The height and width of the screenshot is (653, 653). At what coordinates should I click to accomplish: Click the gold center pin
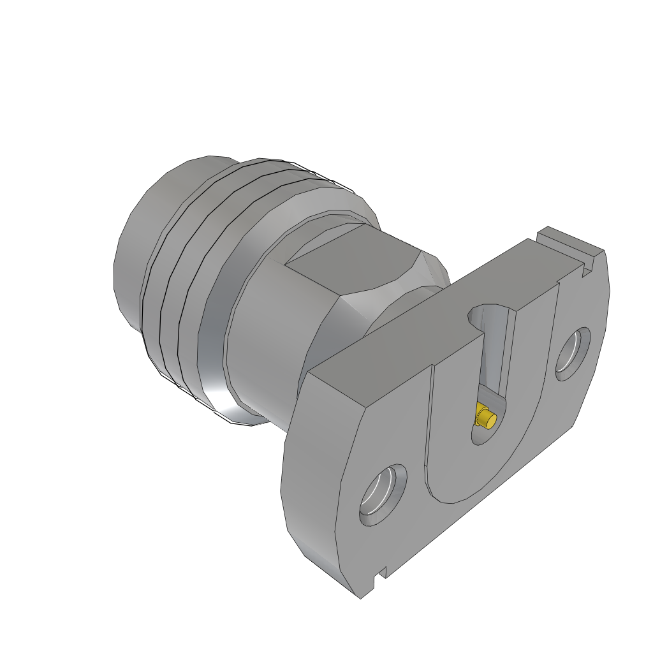[486, 418]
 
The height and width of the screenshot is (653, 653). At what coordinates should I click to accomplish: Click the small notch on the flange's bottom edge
[380, 575]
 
